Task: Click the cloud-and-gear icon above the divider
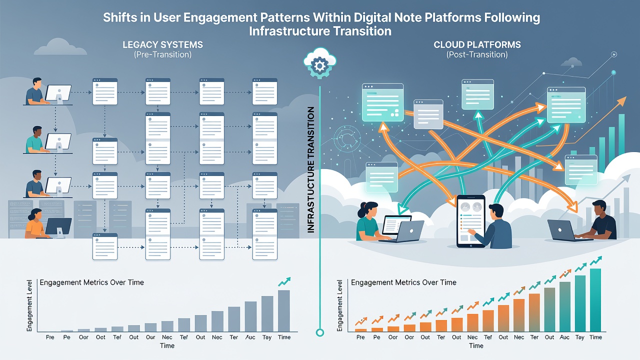click(319, 63)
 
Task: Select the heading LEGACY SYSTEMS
click(163, 45)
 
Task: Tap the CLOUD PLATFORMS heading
click(477, 45)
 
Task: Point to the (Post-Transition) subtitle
click(477, 54)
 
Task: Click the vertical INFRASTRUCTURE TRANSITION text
click(311, 169)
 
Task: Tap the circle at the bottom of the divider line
click(320, 332)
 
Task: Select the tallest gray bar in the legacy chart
click(283, 311)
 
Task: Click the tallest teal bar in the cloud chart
click(595, 300)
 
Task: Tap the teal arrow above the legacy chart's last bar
click(284, 281)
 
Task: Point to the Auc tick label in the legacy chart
click(250, 337)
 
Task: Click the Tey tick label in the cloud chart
click(579, 337)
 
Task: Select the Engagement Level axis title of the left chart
click(29, 305)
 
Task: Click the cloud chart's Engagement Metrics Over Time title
click(403, 282)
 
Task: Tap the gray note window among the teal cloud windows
click(428, 114)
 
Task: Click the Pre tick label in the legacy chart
click(50, 337)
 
